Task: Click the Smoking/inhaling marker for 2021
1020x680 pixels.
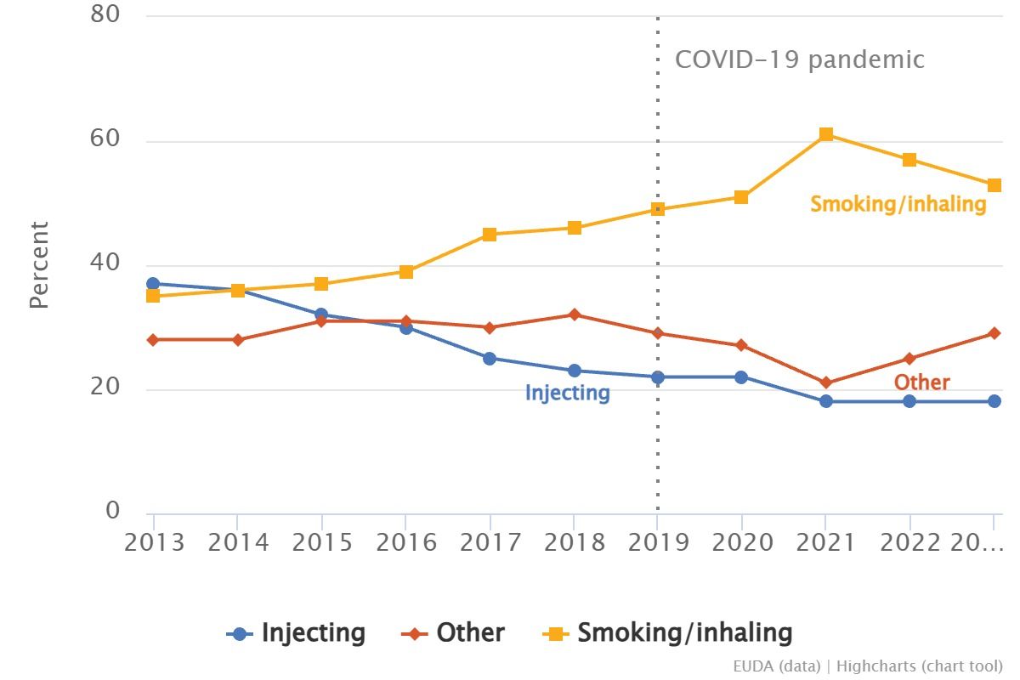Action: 825,134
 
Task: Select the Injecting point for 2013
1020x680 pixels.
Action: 153,284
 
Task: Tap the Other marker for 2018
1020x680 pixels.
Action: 574,314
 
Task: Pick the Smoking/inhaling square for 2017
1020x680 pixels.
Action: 490,235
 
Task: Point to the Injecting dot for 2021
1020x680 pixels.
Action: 825,401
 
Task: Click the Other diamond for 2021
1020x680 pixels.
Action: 825,382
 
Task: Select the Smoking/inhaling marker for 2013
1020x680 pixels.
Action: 153,296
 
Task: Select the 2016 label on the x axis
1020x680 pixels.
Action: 406,541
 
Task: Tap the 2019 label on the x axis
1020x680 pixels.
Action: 658,541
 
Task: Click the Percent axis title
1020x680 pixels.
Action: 39,264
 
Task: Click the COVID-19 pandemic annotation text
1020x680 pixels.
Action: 799,59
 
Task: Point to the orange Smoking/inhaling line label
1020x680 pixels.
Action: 898,204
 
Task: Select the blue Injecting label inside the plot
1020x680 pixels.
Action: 567,393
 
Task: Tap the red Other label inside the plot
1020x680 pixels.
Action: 921,382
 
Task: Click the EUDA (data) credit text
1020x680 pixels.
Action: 777,666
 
